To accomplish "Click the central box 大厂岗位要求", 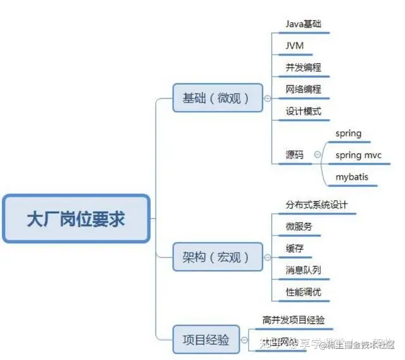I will point(76,219).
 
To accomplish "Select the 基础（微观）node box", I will point(218,98).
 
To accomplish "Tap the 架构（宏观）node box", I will point(218,258).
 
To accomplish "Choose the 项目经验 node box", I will point(206,339).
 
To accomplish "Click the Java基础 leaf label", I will point(303,24).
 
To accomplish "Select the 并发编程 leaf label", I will point(303,68).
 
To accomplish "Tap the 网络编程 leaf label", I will point(303,90).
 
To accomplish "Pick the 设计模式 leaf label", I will point(303,112).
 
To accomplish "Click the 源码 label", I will point(294,155).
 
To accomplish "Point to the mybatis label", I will point(352,177).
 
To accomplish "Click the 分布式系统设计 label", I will point(316,206).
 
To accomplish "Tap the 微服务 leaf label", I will point(299,227).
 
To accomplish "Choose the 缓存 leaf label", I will point(294,249).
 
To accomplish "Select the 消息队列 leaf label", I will point(303,270).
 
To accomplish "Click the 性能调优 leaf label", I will point(303,292).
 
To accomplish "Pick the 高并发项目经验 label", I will point(297,320).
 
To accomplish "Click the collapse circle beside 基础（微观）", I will point(267,98).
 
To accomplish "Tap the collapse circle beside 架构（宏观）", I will point(267,258).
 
